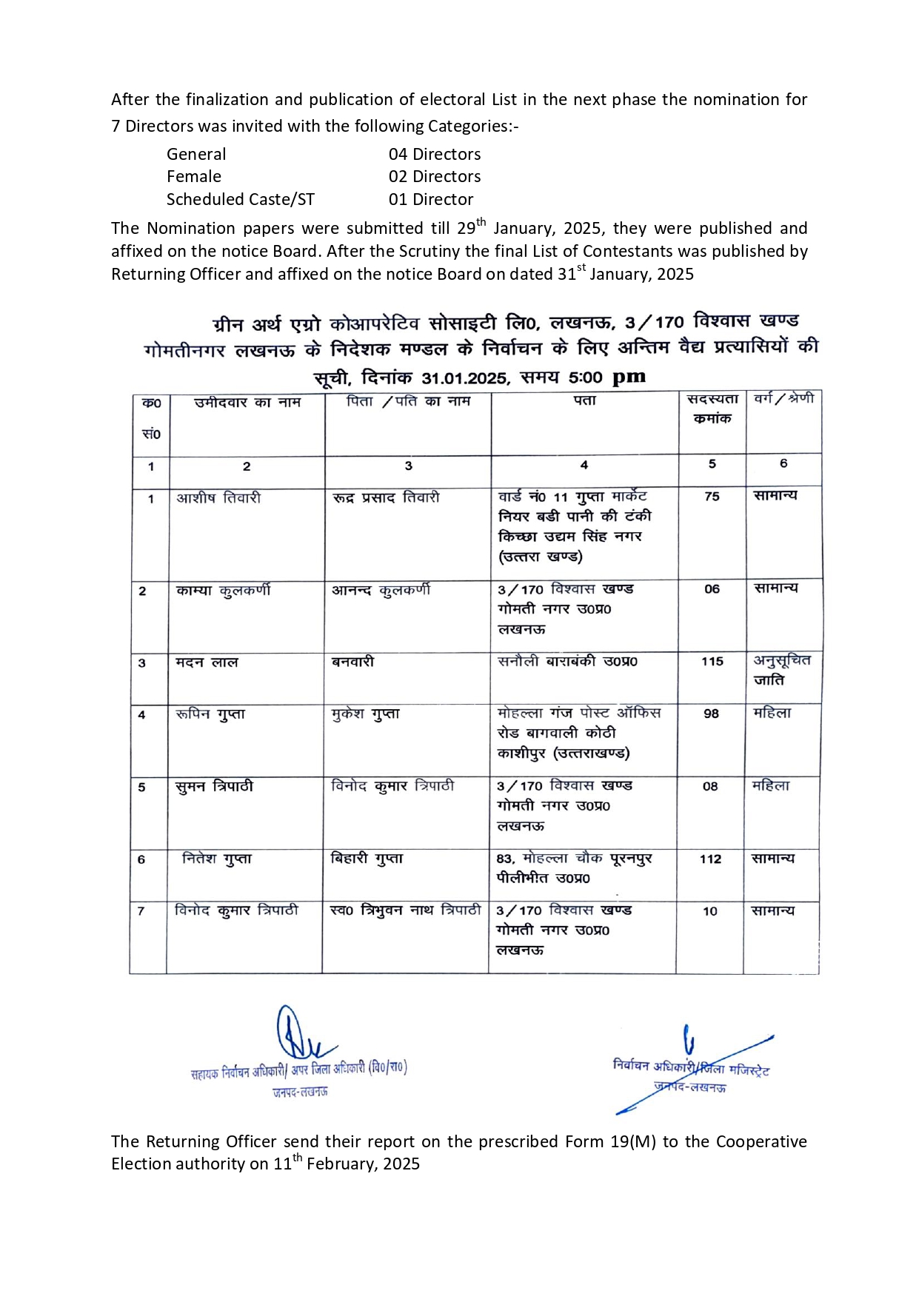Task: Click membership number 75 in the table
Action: [x=712, y=497]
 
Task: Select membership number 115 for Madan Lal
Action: [x=712, y=662]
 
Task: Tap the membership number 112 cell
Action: [x=710, y=859]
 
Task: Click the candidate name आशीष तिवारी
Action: [x=218, y=498]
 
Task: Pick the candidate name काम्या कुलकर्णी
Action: [x=223, y=591]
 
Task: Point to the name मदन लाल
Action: [x=207, y=662]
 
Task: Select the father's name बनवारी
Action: [x=352, y=662]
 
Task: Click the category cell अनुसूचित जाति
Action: [x=781, y=670]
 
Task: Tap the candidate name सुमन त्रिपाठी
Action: [x=214, y=787]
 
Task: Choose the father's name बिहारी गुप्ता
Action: [x=367, y=859]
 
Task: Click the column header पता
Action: [x=584, y=401]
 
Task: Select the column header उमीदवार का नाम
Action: [x=247, y=403]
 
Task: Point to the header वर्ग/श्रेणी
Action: [x=783, y=399]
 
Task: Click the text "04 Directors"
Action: [x=435, y=155]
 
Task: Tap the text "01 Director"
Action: [x=431, y=200]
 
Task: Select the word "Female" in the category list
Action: [x=194, y=177]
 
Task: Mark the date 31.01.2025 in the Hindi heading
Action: [x=466, y=378]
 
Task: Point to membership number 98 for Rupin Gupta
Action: [x=711, y=714]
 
